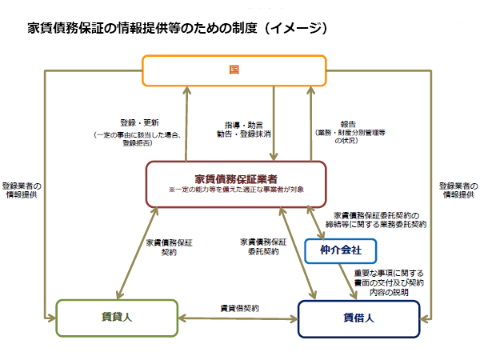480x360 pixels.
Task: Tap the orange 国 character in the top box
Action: tap(234, 70)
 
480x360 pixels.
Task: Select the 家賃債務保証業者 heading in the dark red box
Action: tap(235, 178)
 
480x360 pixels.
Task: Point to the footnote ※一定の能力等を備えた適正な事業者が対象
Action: tap(236, 190)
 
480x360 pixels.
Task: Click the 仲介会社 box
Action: tap(341, 250)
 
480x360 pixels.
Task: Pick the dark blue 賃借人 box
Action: tap(358, 317)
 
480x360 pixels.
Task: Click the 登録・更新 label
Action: tap(142, 123)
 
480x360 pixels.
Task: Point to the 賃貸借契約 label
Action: tap(239, 308)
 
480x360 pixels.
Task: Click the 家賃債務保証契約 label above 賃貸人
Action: tap(169, 246)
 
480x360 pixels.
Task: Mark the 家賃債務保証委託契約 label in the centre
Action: tap(263, 246)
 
